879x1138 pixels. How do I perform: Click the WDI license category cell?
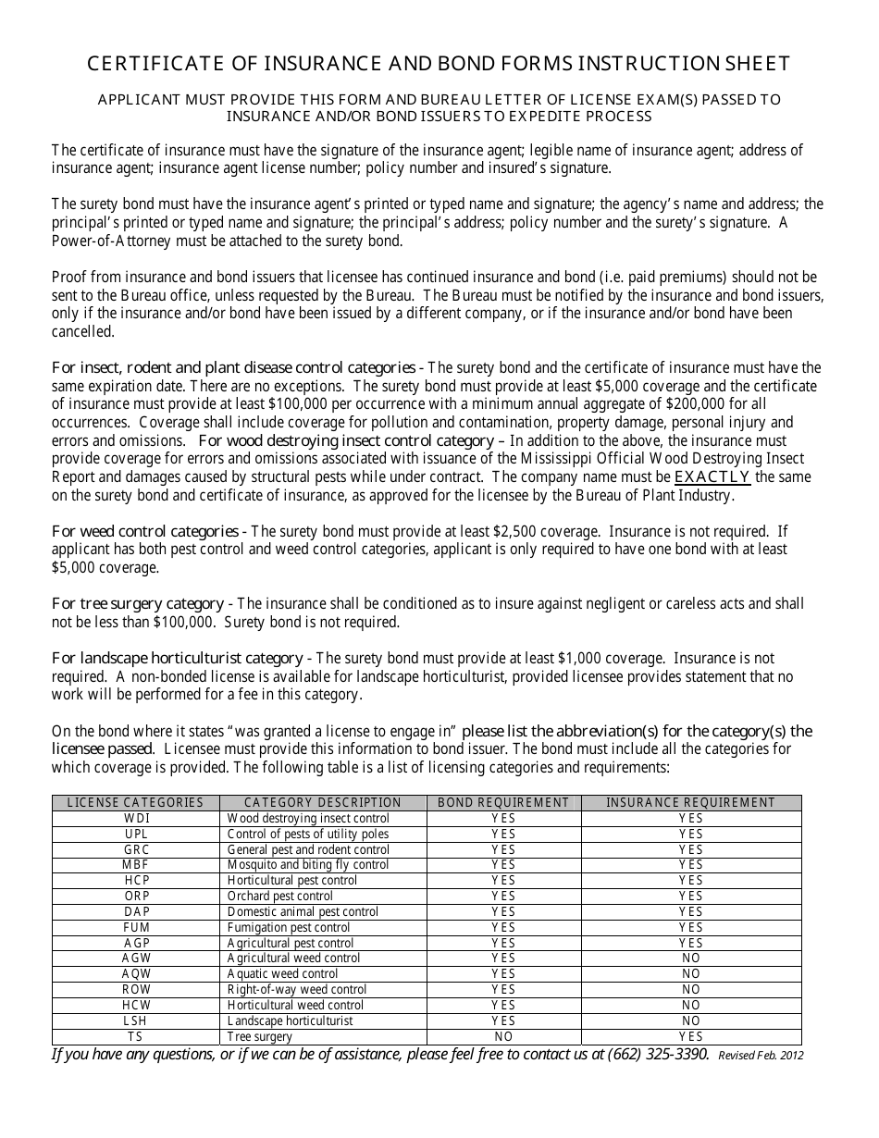click(x=136, y=819)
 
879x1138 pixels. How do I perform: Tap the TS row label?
click(x=136, y=1037)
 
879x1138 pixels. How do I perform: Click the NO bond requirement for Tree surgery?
click(x=503, y=1037)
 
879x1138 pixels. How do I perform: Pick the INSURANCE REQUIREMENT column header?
click(x=690, y=803)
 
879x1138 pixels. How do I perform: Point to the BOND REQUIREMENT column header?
click(x=503, y=803)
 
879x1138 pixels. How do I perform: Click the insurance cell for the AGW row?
click(x=690, y=959)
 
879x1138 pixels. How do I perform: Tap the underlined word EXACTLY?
click(x=712, y=477)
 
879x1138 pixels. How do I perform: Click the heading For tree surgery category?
click(x=138, y=603)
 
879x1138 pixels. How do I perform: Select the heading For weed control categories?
click(x=145, y=531)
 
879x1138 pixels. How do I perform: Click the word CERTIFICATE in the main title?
click(x=147, y=64)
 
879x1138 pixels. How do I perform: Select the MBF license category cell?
click(x=136, y=865)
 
